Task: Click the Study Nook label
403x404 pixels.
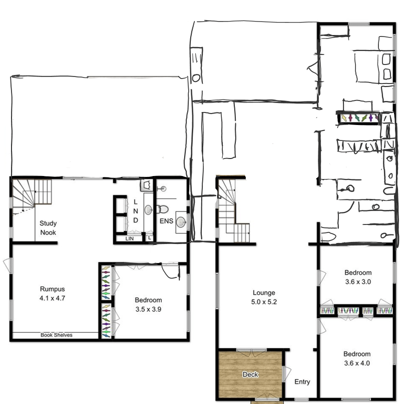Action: [48, 228]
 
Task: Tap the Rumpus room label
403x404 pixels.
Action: [53, 289]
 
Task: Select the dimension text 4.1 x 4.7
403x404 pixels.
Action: [52, 298]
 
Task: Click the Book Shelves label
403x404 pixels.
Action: [56, 335]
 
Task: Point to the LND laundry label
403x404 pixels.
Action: [136, 211]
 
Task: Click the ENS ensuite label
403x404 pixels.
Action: [166, 221]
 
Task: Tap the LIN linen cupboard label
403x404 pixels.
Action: [129, 238]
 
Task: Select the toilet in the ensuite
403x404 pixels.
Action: [162, 209]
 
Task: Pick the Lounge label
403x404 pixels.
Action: [264, 292]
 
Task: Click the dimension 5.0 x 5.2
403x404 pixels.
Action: [264, 301]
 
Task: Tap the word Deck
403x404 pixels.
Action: [250, 374]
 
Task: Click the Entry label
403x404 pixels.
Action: [302, 382]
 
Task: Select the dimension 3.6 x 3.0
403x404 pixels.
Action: [358, 281]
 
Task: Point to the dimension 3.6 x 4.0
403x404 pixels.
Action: [357, 363]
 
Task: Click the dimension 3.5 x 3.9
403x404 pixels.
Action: [148, 309]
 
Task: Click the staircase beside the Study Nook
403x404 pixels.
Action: [32, 195]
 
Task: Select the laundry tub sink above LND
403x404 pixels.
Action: [146, 185]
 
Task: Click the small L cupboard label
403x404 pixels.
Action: [149, 238]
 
